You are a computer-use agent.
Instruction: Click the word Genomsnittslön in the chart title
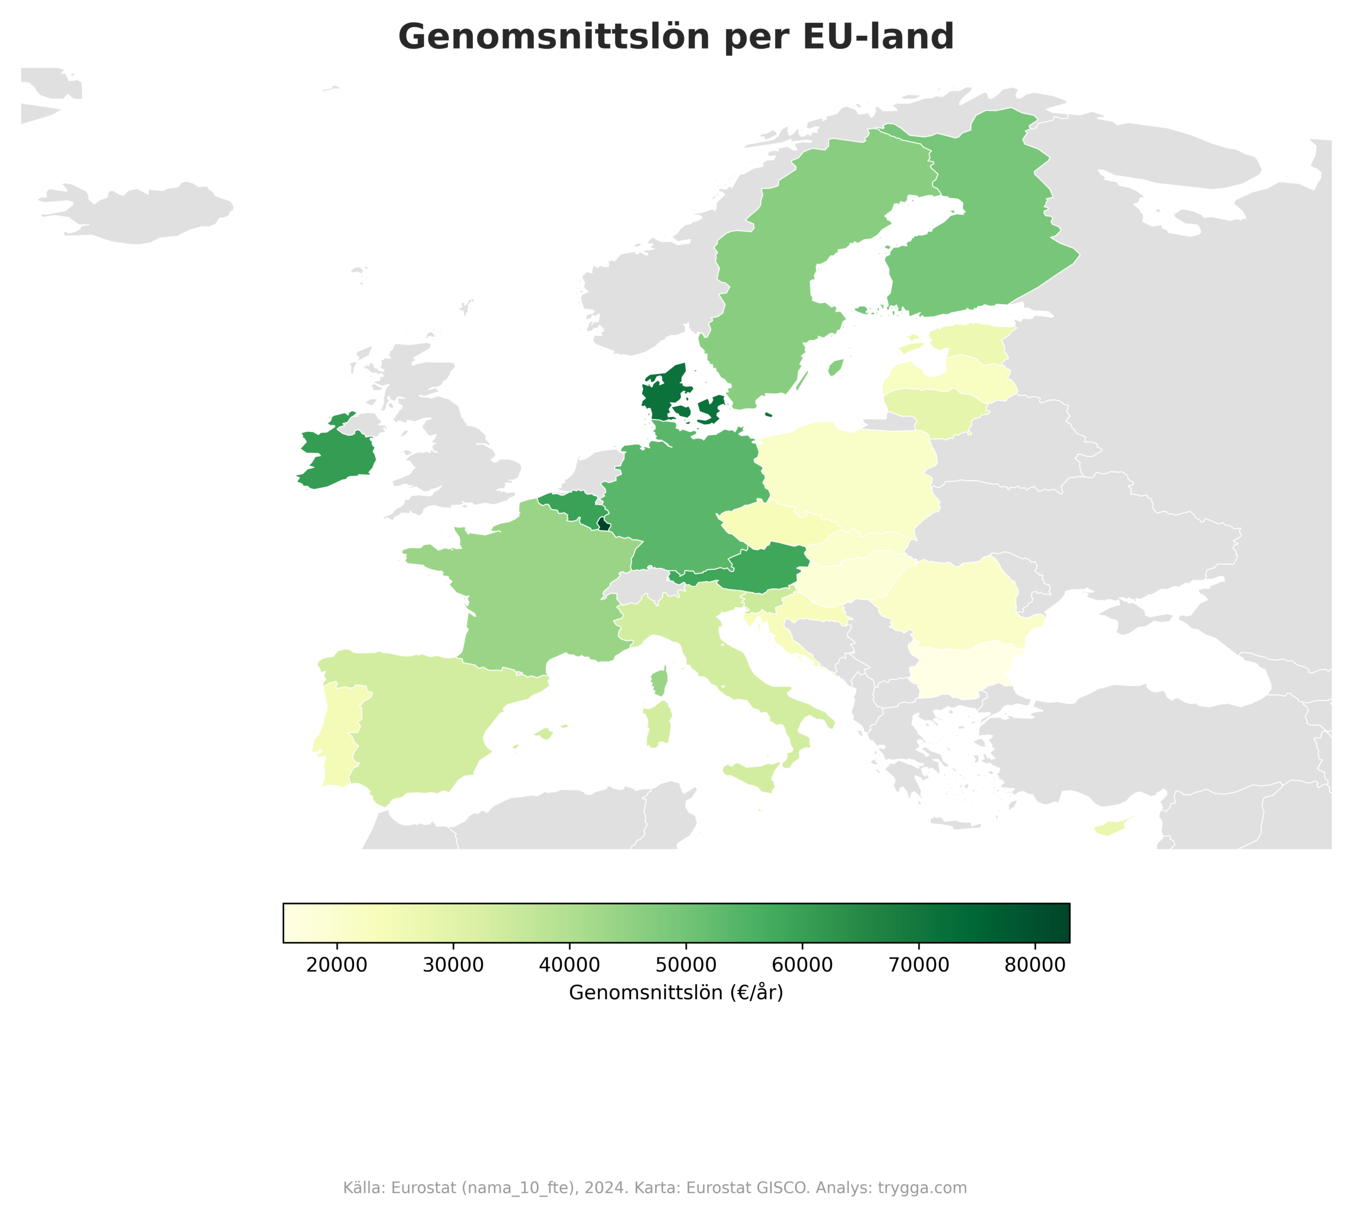click(x=553, y=37)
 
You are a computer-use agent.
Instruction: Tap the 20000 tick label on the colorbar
click(x=337, y=965)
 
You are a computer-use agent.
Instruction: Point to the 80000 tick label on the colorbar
click(x=1034, y=965)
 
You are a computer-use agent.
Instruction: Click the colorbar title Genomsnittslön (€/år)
click(x=676, y=992)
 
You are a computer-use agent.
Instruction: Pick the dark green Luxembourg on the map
click(x=603, y=523)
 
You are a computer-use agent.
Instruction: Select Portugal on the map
click(x=337, y=733)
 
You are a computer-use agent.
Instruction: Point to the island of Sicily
click(x=753, y=776)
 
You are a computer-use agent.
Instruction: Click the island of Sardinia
click(x=659, y=726)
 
